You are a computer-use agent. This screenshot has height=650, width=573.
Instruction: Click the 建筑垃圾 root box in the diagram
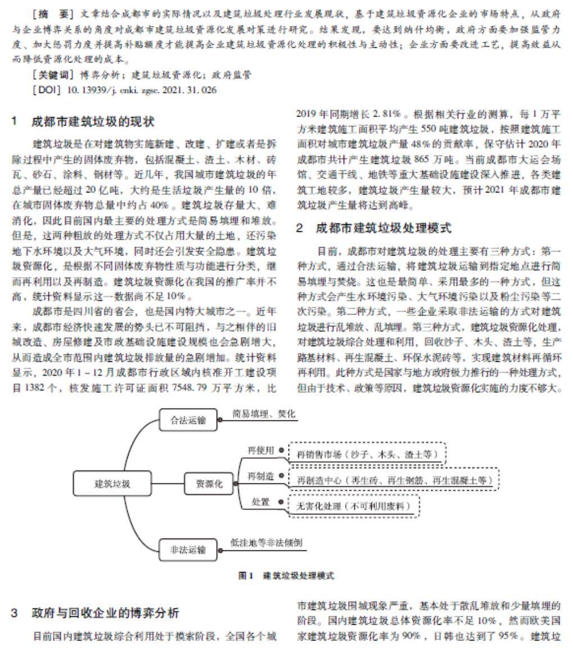pos(106,483)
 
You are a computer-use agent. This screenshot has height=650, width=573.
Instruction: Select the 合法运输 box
pos(188,420)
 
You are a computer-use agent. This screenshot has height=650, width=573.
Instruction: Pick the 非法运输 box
pos(188,550)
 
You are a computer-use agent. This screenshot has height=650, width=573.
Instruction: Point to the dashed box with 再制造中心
pos(394,480)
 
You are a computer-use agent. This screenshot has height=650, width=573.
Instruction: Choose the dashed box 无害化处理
pos(354,506)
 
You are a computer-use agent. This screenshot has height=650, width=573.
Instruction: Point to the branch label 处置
pos(260,502)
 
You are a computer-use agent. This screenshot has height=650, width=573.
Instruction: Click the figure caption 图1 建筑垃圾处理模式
pos(286,576)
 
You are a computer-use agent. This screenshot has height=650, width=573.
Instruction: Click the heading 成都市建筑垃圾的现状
pos(93,122)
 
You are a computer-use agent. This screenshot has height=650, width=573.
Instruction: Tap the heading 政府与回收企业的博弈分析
pos(105,612)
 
